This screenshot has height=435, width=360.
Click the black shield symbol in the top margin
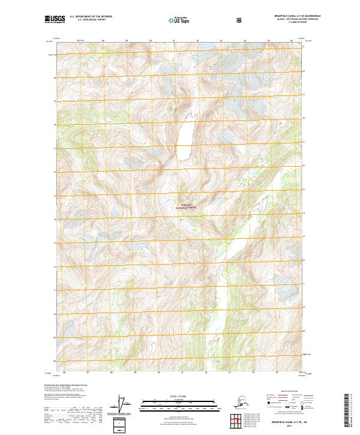pos(240,20)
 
